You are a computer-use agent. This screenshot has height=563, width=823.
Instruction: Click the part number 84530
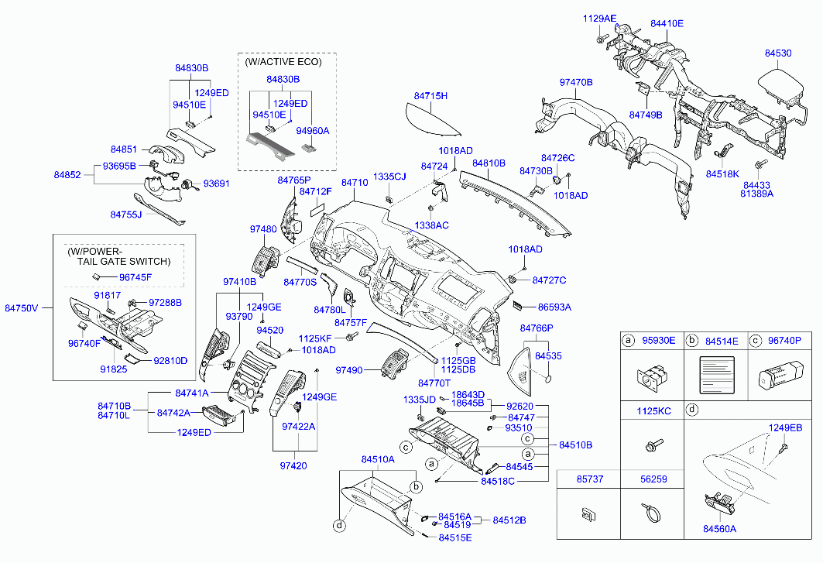click(x=778, y=53)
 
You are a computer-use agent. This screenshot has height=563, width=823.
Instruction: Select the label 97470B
click(x=576, y=82)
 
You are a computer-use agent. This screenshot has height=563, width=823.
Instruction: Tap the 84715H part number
click(x=430, y=95)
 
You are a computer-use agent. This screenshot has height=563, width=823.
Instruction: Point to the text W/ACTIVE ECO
click(x=284, y=61)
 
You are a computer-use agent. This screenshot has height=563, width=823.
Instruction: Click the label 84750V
click(x=22, y=308)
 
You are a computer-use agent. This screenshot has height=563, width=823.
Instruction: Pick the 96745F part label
click(x=135, y=277)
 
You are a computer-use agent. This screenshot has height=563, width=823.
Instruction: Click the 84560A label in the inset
click(x=719, y=529)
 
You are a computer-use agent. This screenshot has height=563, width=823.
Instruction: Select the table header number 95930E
click(x=659, y=340)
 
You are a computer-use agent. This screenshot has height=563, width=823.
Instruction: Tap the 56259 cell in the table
click(x=653, y=479)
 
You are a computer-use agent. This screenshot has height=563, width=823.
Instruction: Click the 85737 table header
click(x=590, y=479)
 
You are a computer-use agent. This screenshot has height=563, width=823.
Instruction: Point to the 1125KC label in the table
click(x=653, y=410)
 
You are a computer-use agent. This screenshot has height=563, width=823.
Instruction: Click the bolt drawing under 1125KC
click(x=653, y=445)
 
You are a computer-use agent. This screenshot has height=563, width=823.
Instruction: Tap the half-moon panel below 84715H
click(x=431, y=120)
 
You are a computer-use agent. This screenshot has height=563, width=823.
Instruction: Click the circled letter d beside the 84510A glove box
click(x=340, y=525)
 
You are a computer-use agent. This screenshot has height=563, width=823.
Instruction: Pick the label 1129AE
click(x=599, y=19)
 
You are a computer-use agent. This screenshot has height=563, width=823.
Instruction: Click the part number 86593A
click(x=555, y=307)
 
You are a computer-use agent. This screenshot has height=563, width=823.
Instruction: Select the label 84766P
click(x=537, y=328)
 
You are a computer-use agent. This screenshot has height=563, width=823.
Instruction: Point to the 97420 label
click(x=293, y=465)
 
